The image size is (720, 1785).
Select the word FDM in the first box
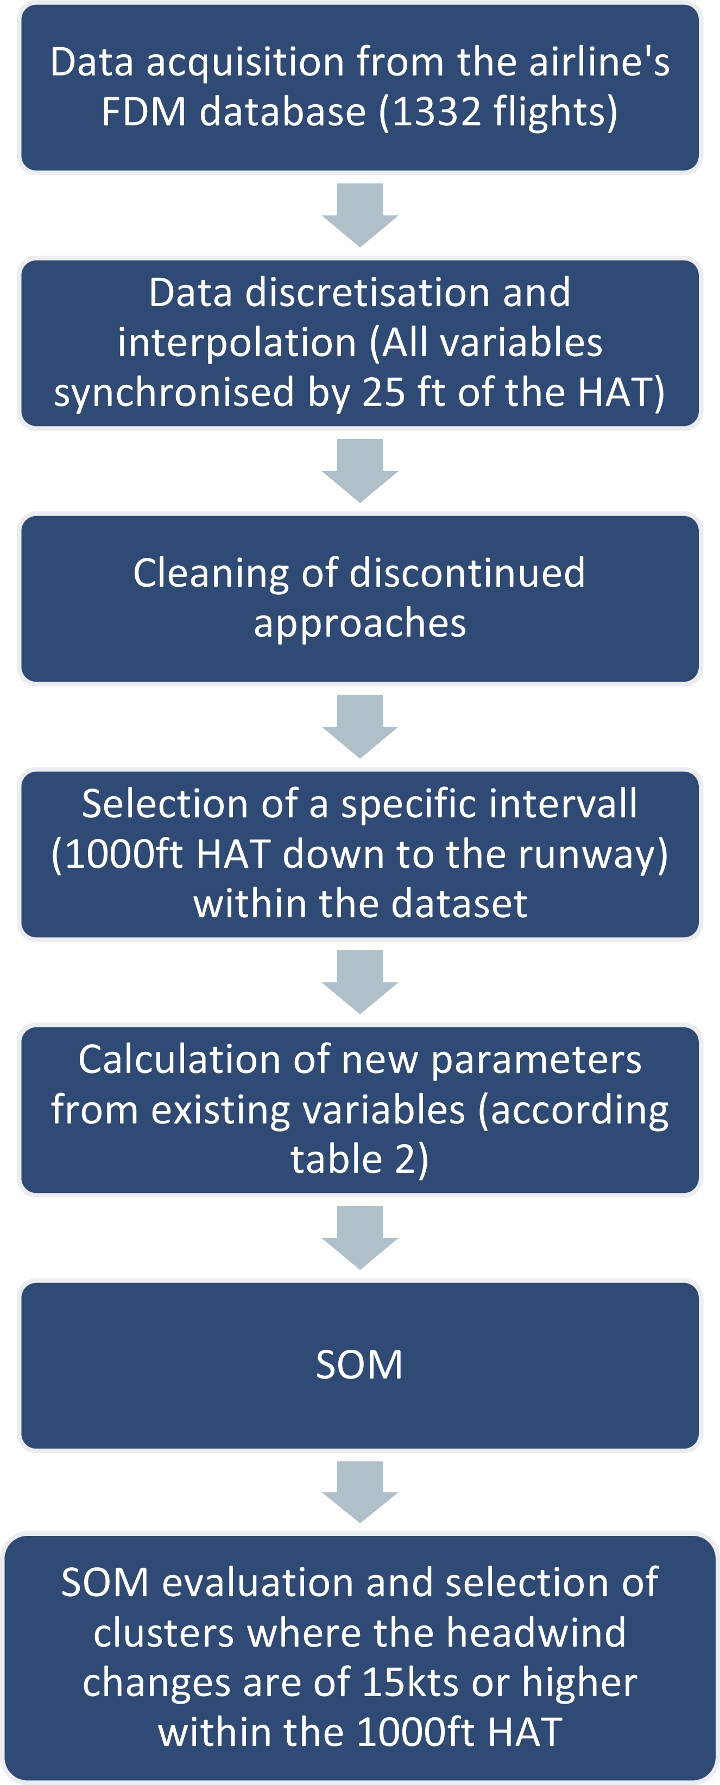[144, 112]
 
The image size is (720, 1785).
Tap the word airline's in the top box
[599, 62]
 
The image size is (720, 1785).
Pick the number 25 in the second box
[384, 392]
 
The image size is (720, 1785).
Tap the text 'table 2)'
[359, 1160]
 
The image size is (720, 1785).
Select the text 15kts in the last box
[410, 1683]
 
